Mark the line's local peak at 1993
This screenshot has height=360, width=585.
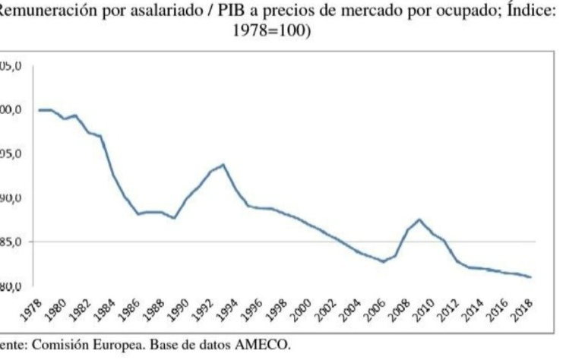223,165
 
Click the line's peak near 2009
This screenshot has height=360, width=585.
419,219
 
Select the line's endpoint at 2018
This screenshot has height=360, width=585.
530,277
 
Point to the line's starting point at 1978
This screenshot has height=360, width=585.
40,110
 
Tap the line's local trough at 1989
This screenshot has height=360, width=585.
175,218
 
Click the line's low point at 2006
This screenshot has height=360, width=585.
384,261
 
